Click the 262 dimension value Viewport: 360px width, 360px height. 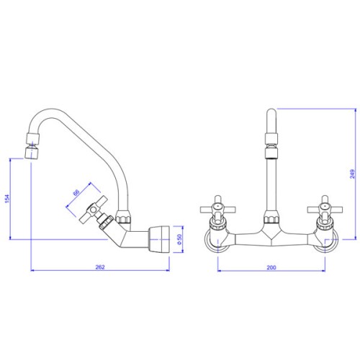click(100, 267)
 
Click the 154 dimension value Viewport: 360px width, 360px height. click(7, 199)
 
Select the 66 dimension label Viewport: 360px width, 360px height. click(76, 192)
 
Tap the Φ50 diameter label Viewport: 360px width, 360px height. click(179, 239)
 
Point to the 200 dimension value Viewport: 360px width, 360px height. click(271, 267)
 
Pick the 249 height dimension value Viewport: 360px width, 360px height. click(352, 174)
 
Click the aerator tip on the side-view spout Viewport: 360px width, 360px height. click(32, 153)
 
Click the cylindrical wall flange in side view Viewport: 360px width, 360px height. click(159, 239)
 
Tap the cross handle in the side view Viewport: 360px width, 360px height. click(94, 209)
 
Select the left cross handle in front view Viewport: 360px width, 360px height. click(218, 210)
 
